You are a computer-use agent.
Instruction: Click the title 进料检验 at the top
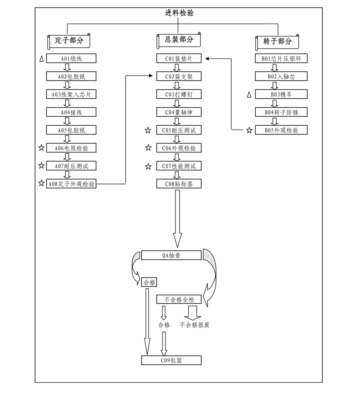click(179, 13)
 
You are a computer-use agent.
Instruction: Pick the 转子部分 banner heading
click(278, 41)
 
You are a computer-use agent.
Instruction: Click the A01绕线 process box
click(71, 58)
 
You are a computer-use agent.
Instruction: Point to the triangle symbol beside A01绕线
click(42, 59)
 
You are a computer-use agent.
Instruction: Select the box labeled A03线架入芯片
click(71, 94)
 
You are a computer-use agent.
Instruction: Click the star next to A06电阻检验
click(41, 148)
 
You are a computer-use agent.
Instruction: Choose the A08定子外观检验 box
click(71, 184)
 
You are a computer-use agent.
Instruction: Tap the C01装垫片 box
click(178, 59)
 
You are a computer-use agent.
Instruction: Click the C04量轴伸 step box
click(178, 112)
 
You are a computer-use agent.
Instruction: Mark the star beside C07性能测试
click(148, 166)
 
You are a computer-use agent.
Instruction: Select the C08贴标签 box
click(178, 184)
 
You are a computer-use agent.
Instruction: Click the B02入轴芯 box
click(281, 76)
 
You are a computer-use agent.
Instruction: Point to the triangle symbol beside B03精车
click(249, 94)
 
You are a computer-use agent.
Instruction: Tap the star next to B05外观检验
click(249, 130)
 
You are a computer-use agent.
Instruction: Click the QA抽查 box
click(171, 255)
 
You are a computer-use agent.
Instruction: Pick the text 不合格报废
click(194, 325)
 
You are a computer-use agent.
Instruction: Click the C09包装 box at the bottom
click(171, 360)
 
